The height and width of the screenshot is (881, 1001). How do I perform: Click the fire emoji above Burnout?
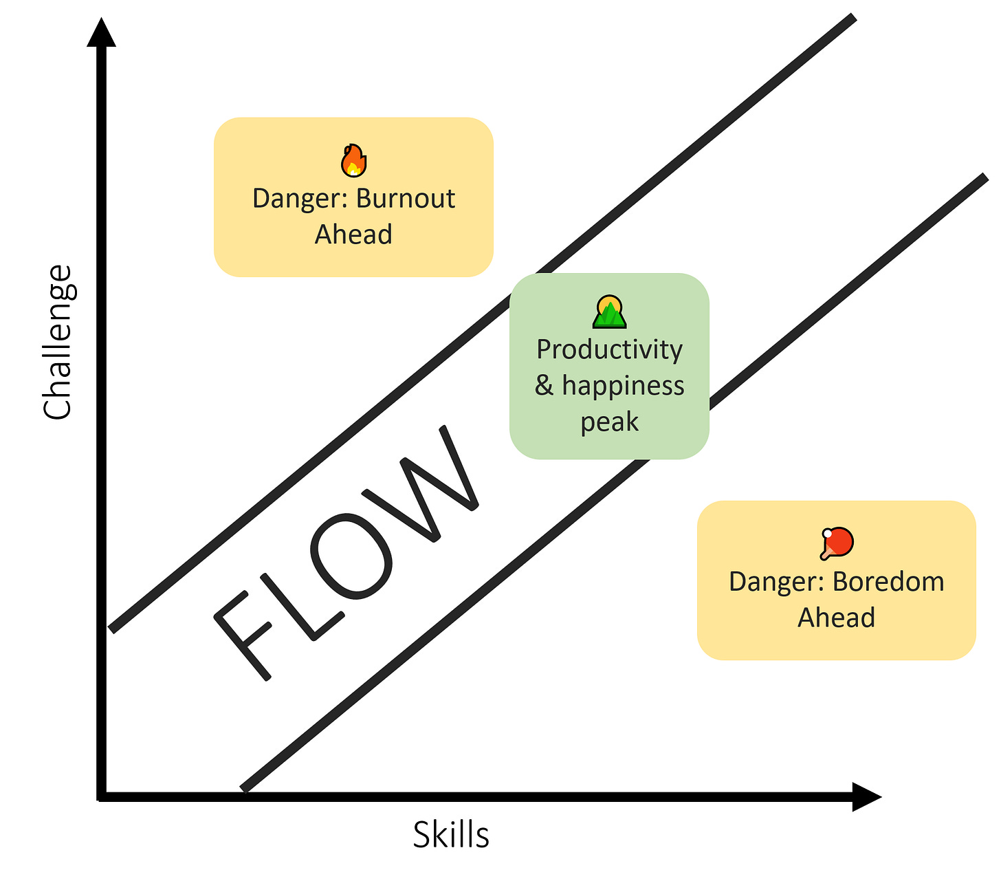pyautogui.click(x=353, y=160)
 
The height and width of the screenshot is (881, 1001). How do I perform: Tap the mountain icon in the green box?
pyautogui.click(x=609, y=312)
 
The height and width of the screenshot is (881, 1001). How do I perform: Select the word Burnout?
pyautogui.click(x=406, y=199)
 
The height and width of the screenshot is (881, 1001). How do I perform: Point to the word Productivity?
pyautogui.click(x=609, y=349)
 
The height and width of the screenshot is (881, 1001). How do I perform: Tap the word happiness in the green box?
pyautogui.click(x=623, y=386)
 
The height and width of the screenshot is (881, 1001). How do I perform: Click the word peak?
pyautogui.click(x=609, y=422)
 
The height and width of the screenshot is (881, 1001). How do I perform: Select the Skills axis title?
pyautogui.click(x=451, y=836)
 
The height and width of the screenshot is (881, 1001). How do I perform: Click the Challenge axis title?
pyautogui.click(x=57, y=342)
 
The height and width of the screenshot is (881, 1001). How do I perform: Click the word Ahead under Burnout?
pyautogui.click(x=353, y=235)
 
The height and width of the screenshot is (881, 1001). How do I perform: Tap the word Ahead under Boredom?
pyautogui.click(x=836, y=618)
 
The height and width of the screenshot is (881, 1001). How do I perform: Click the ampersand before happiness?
pyautogui.click(x=544, y=386)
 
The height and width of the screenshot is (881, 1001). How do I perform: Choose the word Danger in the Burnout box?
pyautogui.click(x=300, y=199)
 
